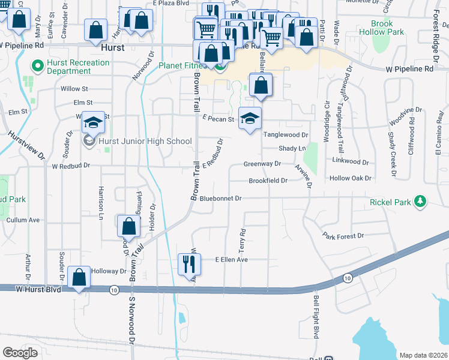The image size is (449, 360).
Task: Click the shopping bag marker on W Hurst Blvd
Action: pos(79,277)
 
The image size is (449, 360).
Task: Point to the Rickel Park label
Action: pos(390,202)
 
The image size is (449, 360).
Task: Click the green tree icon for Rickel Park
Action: pos(422,201)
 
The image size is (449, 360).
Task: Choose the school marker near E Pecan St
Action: pos(250,118)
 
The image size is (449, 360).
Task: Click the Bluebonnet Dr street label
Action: pos(220,198)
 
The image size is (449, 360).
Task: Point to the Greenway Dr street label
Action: pos(262,164)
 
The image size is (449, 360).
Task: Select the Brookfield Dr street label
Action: pos(268,181)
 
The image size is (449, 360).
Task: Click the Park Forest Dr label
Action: pos(343,236)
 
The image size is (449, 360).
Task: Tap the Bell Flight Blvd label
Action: pos(315,315)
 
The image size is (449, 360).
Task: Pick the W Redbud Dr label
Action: pos(71,166)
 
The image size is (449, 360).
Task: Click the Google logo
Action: pos(20,353)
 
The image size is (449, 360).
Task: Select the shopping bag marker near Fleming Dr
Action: pos(128,227)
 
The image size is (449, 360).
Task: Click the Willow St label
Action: pos(74,89)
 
